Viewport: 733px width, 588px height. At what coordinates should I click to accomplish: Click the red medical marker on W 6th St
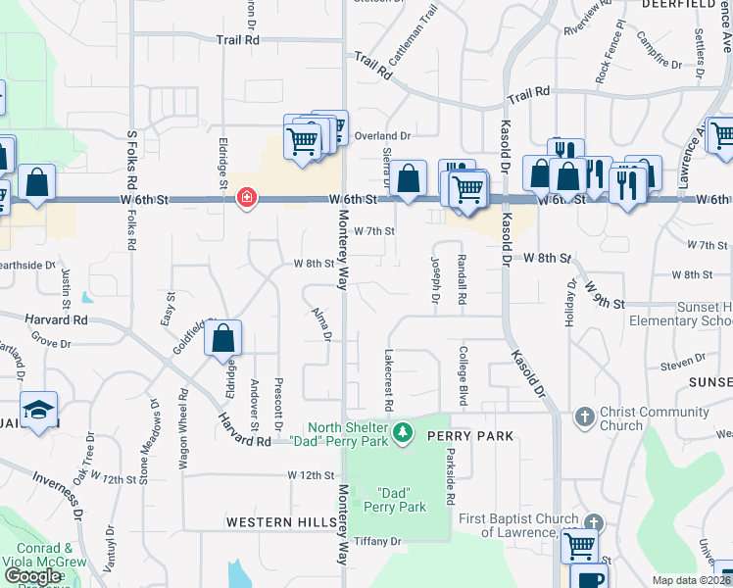coord(246,198)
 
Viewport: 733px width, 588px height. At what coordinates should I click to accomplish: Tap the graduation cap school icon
coord(39,409)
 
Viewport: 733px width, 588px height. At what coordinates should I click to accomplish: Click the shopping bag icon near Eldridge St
coord(223,338)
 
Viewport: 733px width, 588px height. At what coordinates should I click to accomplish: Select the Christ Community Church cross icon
coord(584,417)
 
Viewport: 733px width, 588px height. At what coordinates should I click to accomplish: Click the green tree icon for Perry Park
coord(402,432)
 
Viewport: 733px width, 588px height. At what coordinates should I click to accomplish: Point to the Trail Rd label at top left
coord(238,41)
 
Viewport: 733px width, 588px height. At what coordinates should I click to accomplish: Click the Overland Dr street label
coord(383,135)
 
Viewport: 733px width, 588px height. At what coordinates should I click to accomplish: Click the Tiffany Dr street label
coord(378,541)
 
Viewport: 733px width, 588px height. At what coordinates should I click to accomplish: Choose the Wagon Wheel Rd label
coord(183,429)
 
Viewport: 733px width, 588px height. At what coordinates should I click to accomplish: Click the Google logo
coord(32,576)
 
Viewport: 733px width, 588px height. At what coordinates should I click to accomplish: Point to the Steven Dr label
coord(676,366)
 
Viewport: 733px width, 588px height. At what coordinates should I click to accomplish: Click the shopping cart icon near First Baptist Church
coord(580,544)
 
